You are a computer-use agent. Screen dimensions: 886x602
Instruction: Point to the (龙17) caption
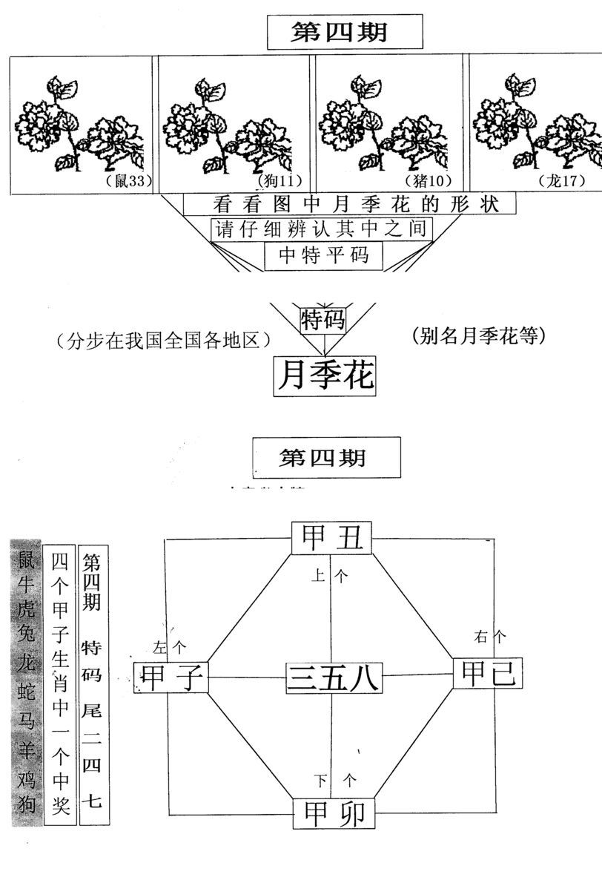coord(562,180)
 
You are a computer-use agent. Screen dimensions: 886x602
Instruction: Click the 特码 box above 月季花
coord(323,320)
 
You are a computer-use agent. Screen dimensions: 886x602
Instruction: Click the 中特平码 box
coord(324,255)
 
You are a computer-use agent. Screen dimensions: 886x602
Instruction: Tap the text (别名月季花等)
coord(477,336)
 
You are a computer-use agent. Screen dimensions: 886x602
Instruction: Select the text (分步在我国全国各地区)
coord(162,341)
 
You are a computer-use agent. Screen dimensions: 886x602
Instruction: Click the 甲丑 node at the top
coord(331,538)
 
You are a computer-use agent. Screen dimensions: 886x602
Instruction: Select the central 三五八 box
coord(333,678)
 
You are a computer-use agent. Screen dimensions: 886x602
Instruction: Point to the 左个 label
coord(168,646)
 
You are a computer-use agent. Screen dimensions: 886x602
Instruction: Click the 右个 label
coord(490,636)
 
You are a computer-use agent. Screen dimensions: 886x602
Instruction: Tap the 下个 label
coord(334,780)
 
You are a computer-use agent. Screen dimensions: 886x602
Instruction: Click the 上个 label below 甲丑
coord(328,576)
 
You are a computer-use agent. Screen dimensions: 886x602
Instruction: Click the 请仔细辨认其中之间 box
coord(321,229)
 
